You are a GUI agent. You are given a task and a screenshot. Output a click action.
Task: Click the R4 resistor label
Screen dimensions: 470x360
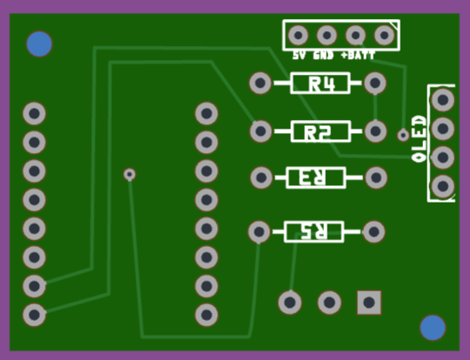click(x=321, y=83)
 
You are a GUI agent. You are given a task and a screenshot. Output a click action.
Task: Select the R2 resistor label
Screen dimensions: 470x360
click(x=317, y=132)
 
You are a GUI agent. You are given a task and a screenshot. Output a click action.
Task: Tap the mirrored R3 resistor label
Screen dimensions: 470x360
click(x=313, y=177)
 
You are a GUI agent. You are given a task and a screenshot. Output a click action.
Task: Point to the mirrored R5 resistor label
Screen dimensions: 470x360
click(x=314, y=231)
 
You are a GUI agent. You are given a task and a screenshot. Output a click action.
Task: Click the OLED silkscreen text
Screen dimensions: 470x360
click(x=419, y=139)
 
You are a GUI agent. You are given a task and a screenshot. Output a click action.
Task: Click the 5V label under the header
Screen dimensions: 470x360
click(x=299, y=56)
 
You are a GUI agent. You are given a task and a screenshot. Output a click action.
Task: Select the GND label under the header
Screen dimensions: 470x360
click(x=323, y=56)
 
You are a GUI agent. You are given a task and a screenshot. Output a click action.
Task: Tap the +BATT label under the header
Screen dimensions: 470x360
click(x=358, y=56)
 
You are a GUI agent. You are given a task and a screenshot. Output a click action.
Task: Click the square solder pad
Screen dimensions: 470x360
click(x=369, y=303)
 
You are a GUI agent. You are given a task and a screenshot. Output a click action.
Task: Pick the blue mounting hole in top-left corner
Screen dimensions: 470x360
click(x=39, y=43)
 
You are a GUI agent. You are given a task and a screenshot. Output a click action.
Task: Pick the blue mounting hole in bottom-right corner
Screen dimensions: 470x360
click(x=433, y=328)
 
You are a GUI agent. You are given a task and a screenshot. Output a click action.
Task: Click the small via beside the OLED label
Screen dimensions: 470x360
click(x=403, y=135)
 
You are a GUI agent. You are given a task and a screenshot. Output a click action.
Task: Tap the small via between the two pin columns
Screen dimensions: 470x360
click(x=129, y=174)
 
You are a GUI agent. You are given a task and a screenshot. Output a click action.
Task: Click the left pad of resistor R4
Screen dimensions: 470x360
click(x=260, y=83)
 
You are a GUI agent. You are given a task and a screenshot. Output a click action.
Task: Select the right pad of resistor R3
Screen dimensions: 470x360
click(x=376, y=177)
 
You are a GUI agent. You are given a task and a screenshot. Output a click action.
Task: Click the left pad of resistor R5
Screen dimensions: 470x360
click(x=259, y=231)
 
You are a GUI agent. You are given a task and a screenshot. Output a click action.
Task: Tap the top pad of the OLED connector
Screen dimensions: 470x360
click(x=443, y=100)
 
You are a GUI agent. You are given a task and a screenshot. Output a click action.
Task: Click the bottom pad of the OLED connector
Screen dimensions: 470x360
click(x=443, y=186)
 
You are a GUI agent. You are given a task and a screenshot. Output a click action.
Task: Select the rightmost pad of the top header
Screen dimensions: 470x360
click(x=384, y=36)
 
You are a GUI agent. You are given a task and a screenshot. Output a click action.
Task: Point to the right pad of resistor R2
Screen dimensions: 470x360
click(x=375, y=131)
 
